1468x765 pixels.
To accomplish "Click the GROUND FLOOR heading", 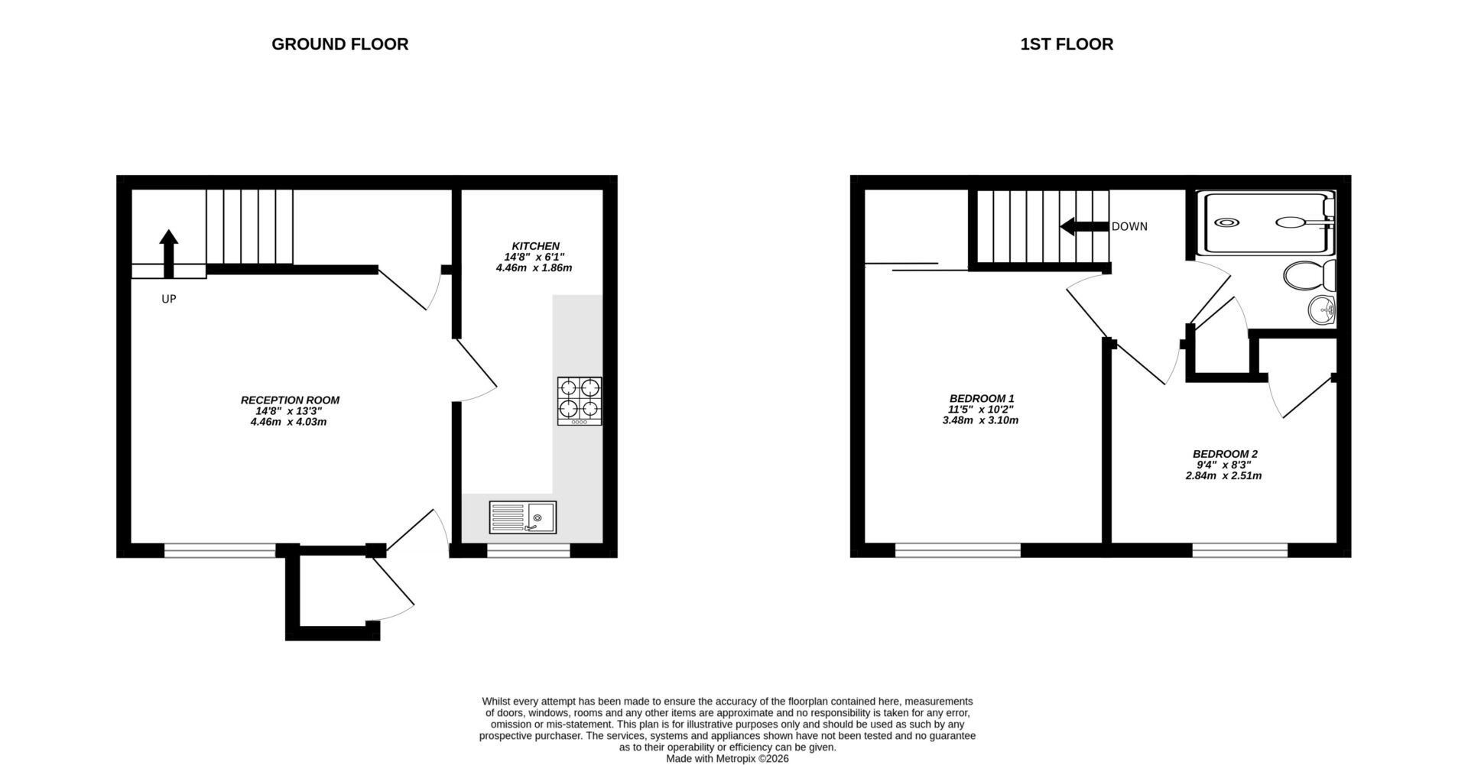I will pos(339,44).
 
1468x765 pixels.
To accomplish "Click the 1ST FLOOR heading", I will pos(1067,44).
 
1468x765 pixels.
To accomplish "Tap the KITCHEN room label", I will pos(535,246).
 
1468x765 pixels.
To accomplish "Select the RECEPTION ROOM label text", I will pos(290,400).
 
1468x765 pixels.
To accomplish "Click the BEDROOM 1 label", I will pos(981,398).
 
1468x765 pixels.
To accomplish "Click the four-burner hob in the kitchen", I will pos(579,400).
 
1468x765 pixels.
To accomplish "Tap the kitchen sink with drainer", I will pos(523,517).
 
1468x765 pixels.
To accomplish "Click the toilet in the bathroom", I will pos(1310,274).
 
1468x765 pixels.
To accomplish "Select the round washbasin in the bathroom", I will pos(1321,310).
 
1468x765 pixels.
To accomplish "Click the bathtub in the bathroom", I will pos(1269,223).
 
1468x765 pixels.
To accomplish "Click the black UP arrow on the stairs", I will pos(168,252).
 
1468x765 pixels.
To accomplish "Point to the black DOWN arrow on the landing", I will pos(1084,226).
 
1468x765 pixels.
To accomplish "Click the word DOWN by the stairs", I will pos(1129,227).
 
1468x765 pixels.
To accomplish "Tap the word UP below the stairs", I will pos(168,299).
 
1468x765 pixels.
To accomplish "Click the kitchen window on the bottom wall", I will pos(528,549).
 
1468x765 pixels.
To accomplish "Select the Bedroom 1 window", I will pos(957,549).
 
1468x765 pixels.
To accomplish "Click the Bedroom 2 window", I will pos(1239,549).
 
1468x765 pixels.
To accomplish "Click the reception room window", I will pos(219,549).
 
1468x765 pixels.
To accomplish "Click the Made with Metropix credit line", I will pos(726,759).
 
